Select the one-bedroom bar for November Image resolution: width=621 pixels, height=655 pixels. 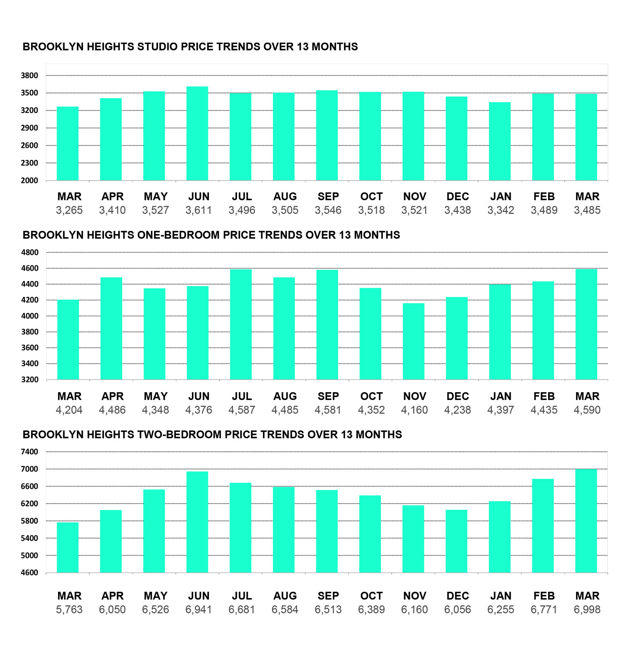pyautogui.click(x=413, y=341)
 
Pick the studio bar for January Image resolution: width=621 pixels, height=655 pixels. pyautogui.click(x=500, y=141)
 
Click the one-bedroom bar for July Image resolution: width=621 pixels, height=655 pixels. pyautogui.click(x=241, y=324)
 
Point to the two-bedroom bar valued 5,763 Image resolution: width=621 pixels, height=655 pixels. pyautogui.click(x=68, y=547)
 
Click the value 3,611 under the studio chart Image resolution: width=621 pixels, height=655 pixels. pyautogui.click(x=198, y=210)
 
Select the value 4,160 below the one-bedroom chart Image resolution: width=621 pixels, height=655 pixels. pyautogui.click(x=414, y=410)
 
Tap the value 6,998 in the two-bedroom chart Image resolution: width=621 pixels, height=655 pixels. pyautogui.click(x=587, y=610)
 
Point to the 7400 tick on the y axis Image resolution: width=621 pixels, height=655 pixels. pyautogui.click(x=29, y=452)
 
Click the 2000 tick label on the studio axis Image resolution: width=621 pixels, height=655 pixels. pyautogui.click(x=29, y=181)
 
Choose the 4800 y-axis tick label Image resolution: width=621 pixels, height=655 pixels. pyautogui.click(x=29, y=252)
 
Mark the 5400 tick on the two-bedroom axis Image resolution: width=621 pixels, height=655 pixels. pyautogui.click(x=29, y=538)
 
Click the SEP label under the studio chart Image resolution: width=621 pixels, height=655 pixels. pyautogui.click(x=328, y=196)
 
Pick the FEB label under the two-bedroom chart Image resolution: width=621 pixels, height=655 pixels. pyautogui.click(x=544, y=596)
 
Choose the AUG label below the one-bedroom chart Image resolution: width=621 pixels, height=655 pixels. pyautogui.click(x=285, y=396)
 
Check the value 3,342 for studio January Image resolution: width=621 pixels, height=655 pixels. pyautogui.click(x=501, y=210)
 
